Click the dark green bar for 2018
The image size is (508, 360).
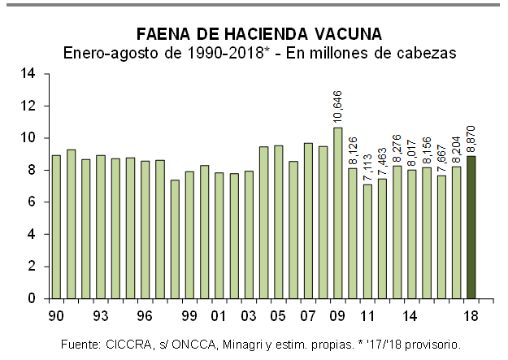coord(471,228)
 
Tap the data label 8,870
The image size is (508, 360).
coord(471,138)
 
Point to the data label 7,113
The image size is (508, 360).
coord(367,167)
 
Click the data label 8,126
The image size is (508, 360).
coord(353,150)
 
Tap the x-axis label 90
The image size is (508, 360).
coord(56,314)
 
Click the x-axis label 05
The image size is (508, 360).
coord(277,314)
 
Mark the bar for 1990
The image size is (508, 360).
coord(56,227)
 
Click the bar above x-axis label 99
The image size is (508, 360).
coord(189,235)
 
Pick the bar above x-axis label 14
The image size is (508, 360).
coord(412,234)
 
